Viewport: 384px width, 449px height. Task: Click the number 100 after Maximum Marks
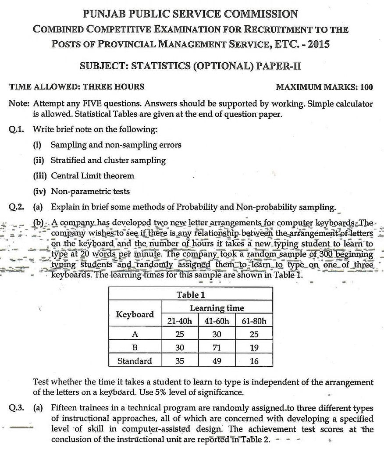tap(366, 87)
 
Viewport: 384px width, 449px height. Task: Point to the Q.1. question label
tap(18, 130)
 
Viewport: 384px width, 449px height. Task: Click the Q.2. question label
tap(18, 207)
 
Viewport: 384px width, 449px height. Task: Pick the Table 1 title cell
tap(190, 295)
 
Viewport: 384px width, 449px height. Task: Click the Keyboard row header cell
tap(135, 314)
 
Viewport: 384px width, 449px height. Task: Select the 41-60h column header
tap(217, 321)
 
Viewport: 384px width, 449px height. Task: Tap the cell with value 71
tap(217, 348)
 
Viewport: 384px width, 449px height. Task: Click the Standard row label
tap(135, 361)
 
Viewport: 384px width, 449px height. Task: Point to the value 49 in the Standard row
tap(217, 361)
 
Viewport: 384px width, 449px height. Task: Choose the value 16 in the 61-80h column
tap(254, 361)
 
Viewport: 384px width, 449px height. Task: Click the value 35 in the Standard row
tap(180, 361)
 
